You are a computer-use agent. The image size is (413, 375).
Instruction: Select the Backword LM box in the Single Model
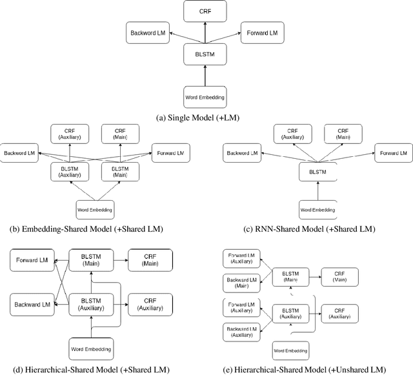click(148, 30)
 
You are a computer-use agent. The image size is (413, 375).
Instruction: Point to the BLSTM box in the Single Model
click(206, 54)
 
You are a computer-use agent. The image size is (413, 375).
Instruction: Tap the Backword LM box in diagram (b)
click(21, 154)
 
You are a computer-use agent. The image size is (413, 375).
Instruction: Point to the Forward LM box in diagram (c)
click(394, 154)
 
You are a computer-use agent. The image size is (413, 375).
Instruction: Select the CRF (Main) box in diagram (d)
click(150, 260)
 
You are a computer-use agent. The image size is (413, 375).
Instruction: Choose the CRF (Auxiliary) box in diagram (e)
click(341, 310)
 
